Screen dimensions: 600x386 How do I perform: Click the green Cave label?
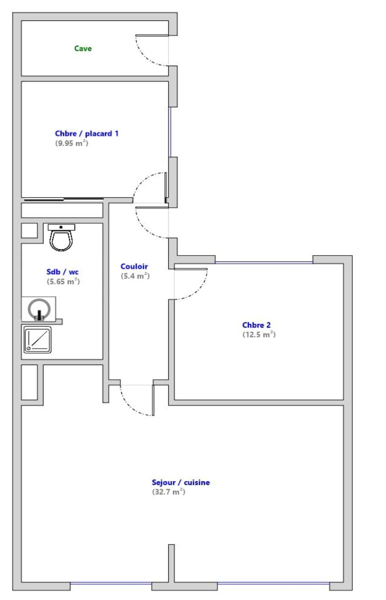[x=83, y=48]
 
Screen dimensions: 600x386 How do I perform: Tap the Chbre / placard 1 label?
[x=87, y=133]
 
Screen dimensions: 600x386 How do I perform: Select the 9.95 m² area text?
[x=72, y=143]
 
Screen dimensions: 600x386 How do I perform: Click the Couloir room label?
[x=134, y=266]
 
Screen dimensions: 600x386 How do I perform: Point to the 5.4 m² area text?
[x=135, y=276]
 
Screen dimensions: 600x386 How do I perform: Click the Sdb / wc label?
[x=63, y=272]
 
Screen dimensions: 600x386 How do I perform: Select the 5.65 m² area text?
[x=63, y=282]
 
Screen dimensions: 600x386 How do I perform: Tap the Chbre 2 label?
[x=256, y=325]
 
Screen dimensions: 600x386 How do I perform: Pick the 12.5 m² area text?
[x=259, y=334]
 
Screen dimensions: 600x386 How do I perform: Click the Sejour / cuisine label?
[x=180, y=482]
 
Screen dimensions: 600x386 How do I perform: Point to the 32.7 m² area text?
[x=168, y=492]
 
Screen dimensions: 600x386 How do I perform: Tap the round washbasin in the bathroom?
[x=39, y=309]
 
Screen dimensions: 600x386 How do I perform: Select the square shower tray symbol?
[x=38, y=340]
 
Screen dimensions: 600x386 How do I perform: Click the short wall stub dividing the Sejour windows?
[x=171, y=563]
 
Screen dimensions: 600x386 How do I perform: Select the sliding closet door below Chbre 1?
[x=64, y=200]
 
